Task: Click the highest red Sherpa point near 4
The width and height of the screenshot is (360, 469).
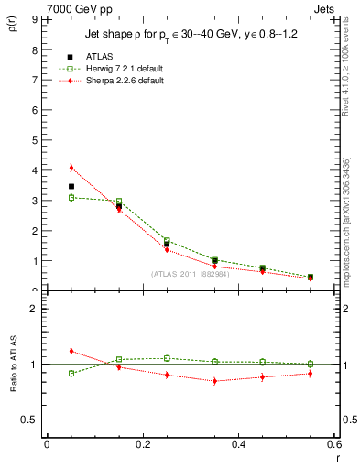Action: click(x=71, y=168)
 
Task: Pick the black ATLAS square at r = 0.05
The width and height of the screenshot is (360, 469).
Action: click(x=71, y=186)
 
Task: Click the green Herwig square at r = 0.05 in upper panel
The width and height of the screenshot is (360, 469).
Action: click(x=71, y=197)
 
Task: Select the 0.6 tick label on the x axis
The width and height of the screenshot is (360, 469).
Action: click(x=333, y=444)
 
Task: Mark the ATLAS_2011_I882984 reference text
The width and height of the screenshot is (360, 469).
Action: click(x=191, y=273)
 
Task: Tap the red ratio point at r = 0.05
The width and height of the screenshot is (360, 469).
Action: click(x=71, y=351)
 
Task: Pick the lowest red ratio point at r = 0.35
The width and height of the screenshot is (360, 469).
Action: click(x=214, y=380)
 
